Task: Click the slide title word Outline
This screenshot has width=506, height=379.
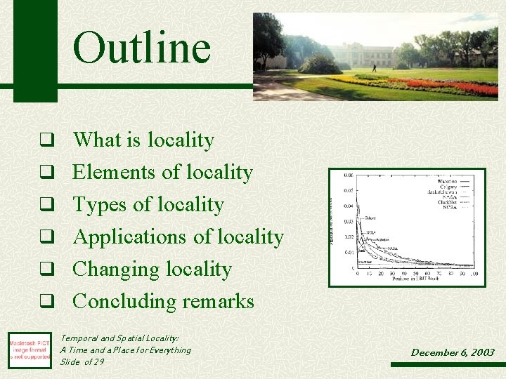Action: (141, 48)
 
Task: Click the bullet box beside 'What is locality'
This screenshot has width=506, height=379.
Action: (46, 140)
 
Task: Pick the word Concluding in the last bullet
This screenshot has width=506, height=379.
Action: (117, 302)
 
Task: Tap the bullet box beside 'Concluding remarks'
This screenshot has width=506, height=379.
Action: (46, 302)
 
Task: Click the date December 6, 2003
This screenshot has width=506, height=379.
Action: (453, 352)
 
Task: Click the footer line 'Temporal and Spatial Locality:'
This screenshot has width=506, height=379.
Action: (119, 338)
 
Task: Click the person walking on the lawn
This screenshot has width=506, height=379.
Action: (374, 68)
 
